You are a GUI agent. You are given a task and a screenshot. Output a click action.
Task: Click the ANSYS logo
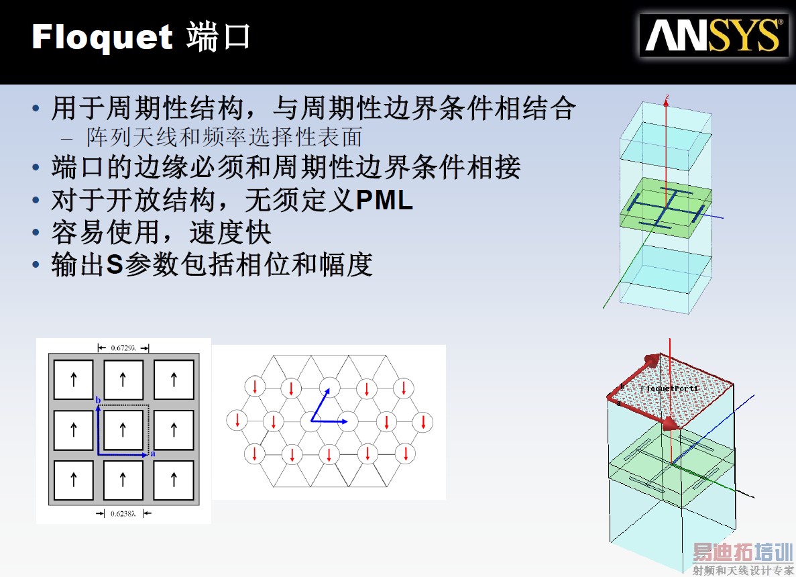tap(714, 35)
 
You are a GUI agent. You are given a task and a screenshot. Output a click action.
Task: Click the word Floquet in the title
tap(103, 38)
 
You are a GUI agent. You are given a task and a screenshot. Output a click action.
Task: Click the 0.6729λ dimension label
tap(123, 348)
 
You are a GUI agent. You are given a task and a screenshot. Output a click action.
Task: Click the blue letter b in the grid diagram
tap(99, 401)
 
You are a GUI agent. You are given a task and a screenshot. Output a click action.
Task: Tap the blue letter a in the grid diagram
tap(152, 454)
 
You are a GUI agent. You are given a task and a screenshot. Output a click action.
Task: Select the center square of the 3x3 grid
tap(123, 430)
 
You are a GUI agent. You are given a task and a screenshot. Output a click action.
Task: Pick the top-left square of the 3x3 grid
tap(74, 380)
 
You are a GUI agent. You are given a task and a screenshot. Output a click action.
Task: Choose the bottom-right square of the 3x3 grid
tap(174, 480)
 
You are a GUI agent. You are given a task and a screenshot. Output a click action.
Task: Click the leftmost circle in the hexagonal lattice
tap(237, 421)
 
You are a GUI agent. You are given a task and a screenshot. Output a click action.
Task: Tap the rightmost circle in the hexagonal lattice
tap(424, 422)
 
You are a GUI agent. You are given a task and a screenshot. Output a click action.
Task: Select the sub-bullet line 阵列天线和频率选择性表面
tap(224, 138)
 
